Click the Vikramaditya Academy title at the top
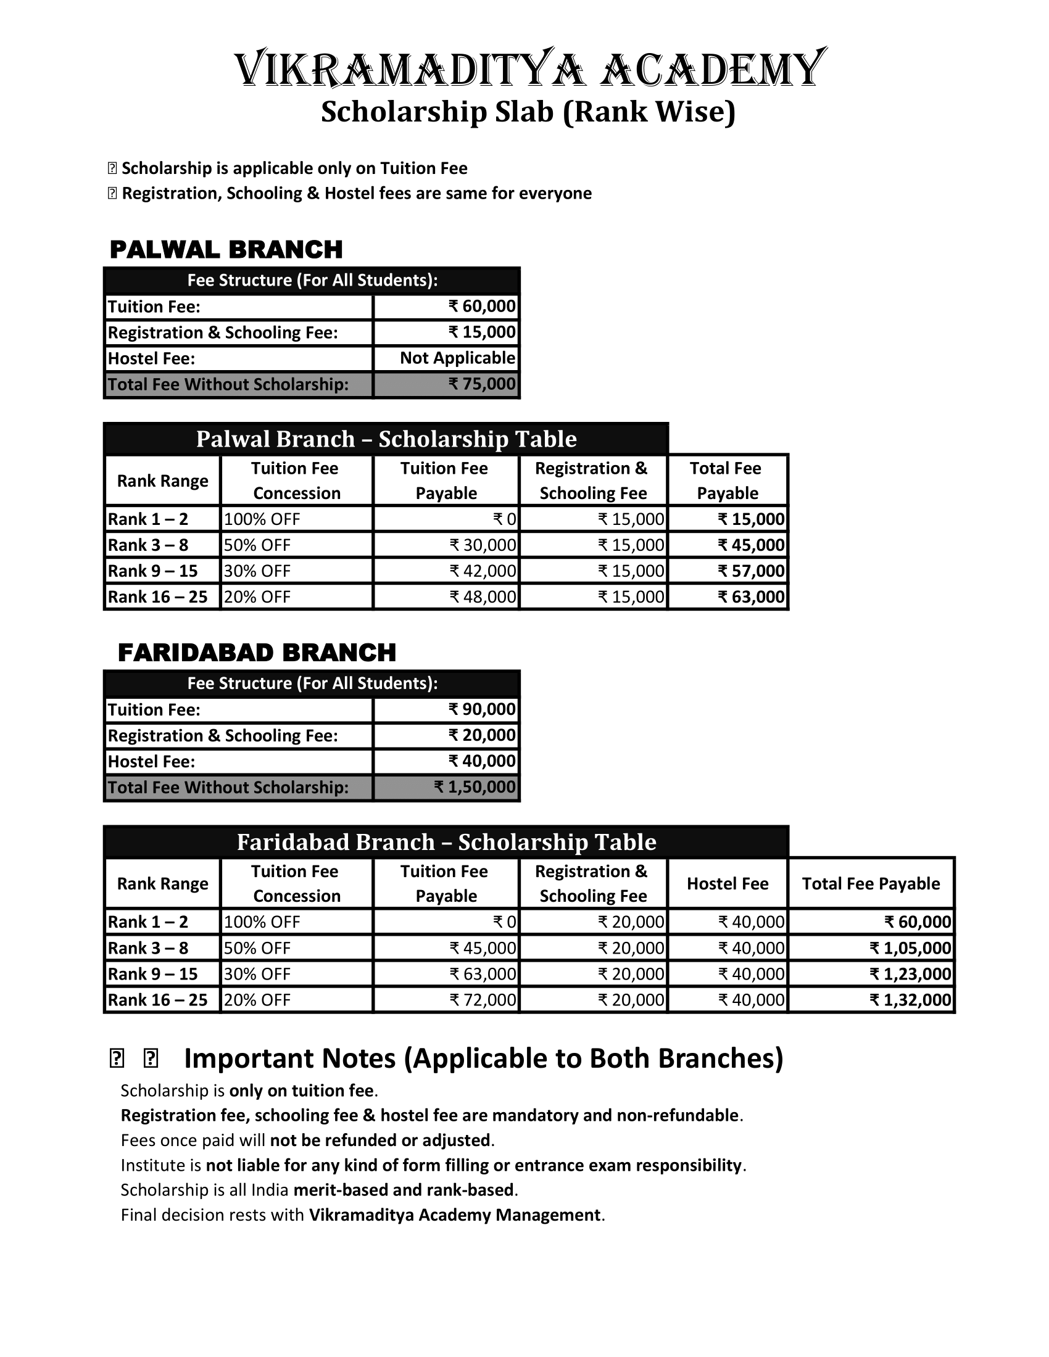pos(530,68)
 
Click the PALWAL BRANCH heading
pos(226,249)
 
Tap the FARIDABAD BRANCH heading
pos(257,653)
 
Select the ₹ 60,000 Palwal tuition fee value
pos(483,307)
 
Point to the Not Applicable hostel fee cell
pos(457,358)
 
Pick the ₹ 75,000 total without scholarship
pos(483,384)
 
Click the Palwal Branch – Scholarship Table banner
pos(386,439)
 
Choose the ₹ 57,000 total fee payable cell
pos(752,571)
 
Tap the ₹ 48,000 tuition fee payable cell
pos(483,596)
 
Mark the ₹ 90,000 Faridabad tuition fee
pos(483,709)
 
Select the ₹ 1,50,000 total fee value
pos(475,787)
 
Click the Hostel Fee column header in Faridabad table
pos(727,883)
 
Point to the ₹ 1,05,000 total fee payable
pos(910,947)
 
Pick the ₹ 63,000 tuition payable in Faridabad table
pos(483,973)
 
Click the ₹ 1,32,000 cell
pos(910,1000)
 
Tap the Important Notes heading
pos(483,1058)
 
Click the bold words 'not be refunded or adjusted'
pos(381,1140)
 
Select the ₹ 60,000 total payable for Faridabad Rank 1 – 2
pos(918,922)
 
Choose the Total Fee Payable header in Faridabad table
pos(871,883)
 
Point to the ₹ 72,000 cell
pos(483,1000)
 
